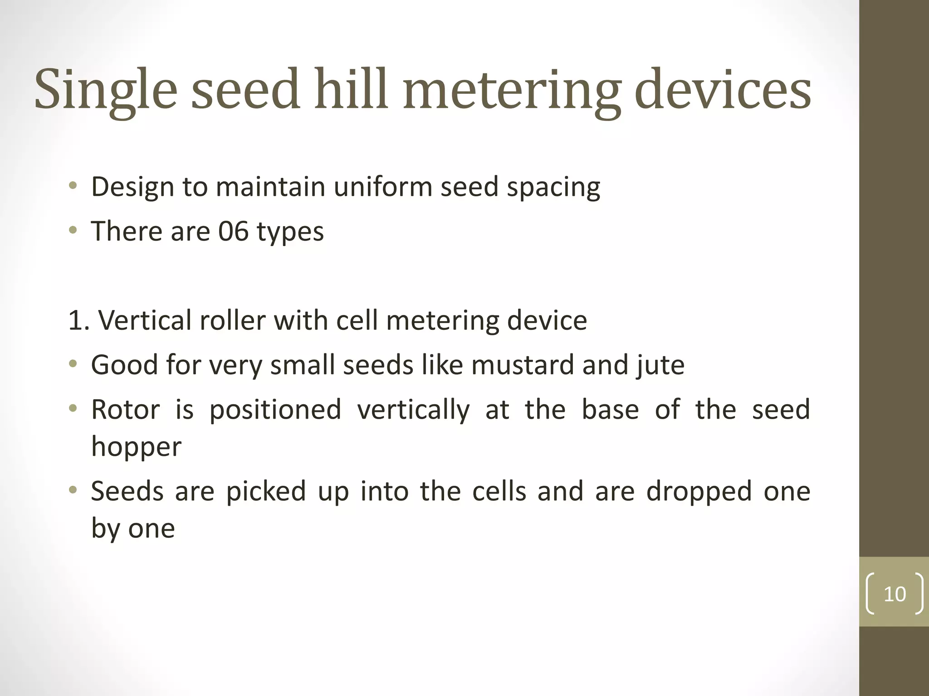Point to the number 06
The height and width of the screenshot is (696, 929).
233,231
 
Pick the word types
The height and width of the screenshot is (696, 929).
290,232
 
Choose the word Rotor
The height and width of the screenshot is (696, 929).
126,409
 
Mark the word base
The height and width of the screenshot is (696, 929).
610,409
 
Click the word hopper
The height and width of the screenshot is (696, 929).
136,447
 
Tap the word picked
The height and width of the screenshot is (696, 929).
266,491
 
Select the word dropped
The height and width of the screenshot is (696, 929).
699,492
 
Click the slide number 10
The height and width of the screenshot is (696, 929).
895,594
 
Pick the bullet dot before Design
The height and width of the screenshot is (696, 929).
73,186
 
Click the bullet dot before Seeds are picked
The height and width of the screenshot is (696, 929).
73,490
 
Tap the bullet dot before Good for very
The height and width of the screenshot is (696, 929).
73,364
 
